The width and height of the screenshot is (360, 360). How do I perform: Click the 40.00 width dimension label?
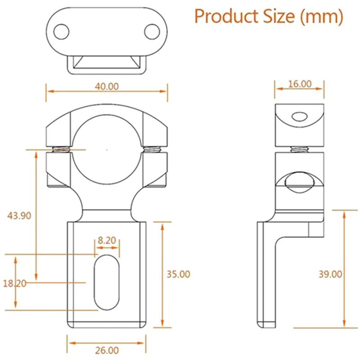[107, 86]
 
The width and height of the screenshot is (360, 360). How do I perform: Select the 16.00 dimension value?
[299, 83]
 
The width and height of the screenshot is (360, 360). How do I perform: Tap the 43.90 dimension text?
[19, 215]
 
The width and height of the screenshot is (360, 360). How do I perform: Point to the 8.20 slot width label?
[107, 240]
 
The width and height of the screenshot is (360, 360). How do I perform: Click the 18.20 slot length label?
[14, 283]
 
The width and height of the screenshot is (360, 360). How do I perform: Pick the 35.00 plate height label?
[178, 274]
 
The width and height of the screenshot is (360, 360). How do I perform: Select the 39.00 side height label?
[330, 274]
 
